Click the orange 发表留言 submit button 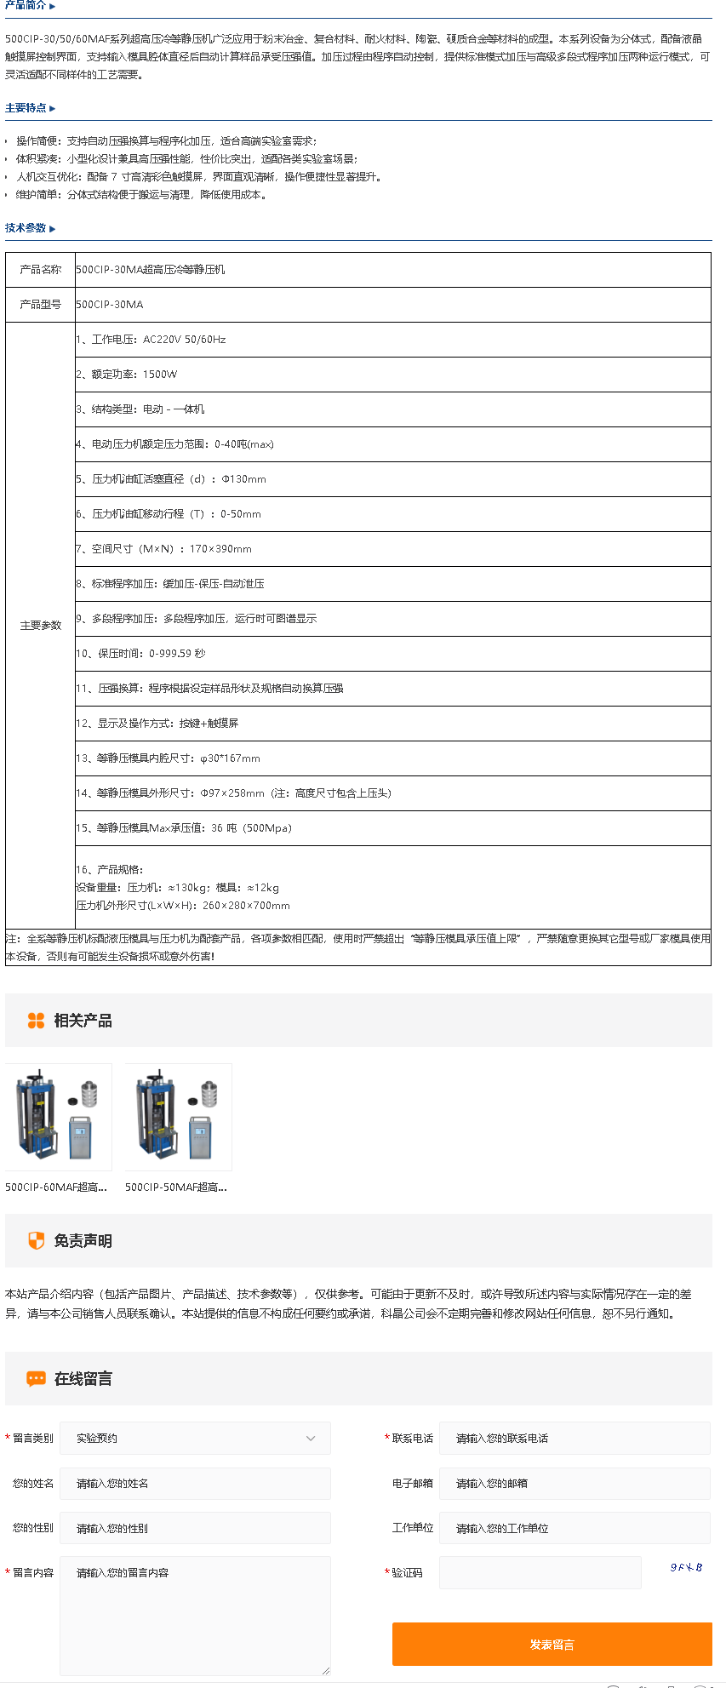(x=552, y=1644)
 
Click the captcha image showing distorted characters (x=686, y=1567)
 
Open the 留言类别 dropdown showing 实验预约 (x=195, y=1438)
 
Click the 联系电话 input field (x=575, y=1438)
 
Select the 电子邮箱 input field (x=575, y=1483)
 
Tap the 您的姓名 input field (x=195, y=1483)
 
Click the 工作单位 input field (x=575, y=1528)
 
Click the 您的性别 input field (x=195, y=1528)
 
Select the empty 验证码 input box (x=540, y=1572)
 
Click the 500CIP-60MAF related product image (x=58, y=1117)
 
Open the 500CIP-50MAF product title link (x=176, y=1187)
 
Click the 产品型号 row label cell (x=41, y=304)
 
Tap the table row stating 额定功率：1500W (x=392, y=375)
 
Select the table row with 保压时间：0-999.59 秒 (x=392, y=654)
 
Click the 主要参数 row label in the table (x=41, y=626)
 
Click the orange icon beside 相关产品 (x=36, y=1021)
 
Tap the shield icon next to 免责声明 (x=36, y=1241)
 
